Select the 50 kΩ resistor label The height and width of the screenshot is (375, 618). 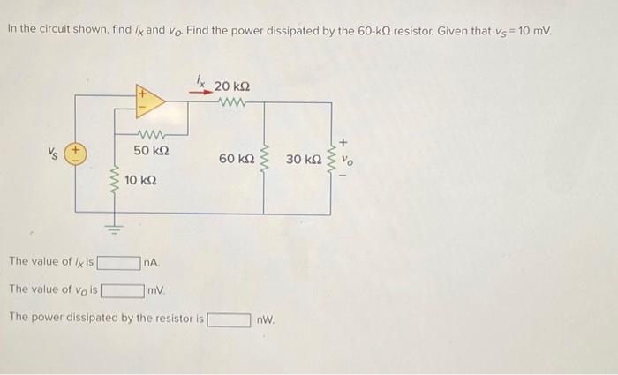[x=152, y=152]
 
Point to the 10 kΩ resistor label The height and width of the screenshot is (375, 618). [x=141, y=180]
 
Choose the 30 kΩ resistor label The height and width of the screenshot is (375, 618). [x=305, y=160]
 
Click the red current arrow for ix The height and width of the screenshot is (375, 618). [x=205, y=91]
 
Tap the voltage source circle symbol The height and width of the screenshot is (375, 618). [x=77, y=151]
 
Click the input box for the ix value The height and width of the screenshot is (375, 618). [x=119, y=262]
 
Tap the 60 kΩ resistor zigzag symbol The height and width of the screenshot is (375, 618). [x=265, y=160]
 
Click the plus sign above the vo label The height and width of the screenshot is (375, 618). [x=345, y=139]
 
